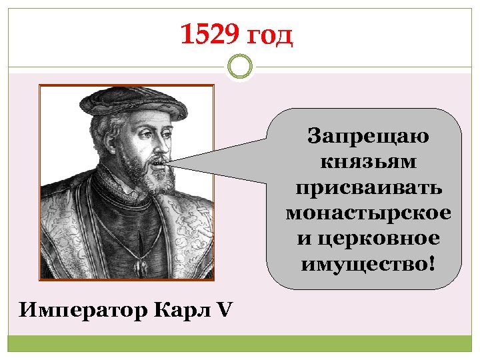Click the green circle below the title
point(239,67)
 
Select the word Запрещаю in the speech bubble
point(367,137)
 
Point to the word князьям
point(367,162)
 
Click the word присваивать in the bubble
point(367,187)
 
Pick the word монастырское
point(367,213)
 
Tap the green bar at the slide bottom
point(240,344)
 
